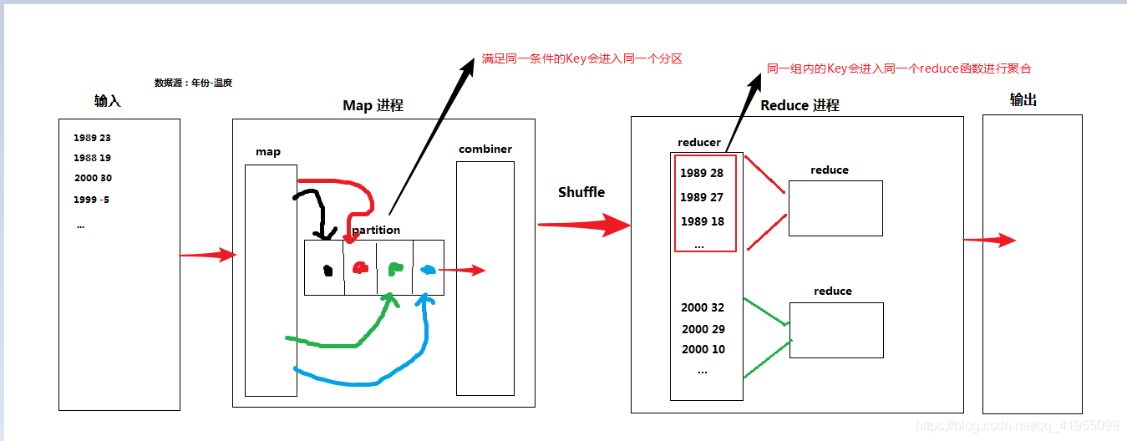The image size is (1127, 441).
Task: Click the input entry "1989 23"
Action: pyautogui.click(x=92, y=138)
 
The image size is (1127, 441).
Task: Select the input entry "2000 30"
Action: pyautogui.click(x=92, y=178)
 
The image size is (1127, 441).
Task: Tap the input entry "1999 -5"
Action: pyautogui.click(x=91, y=200)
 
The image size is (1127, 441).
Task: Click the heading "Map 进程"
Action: pyautogui.click(x=373, y=106)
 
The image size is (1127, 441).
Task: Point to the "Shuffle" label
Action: pyautogui.click(x=581, y=192)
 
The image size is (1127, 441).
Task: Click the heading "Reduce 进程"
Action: pyautogui.click(x=800, y=105)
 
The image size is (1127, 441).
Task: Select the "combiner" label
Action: pyautogui.click(x=485, y=150)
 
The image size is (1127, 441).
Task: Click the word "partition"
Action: pyautogui.click(x=376, y=230)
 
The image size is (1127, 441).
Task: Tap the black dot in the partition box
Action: pyautogui.click(x=328, y=270)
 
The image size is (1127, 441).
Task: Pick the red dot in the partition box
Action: pyautogui.click(x=360, y=268)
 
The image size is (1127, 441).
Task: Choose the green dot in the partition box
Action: pyautogui.click(x=395, y=269)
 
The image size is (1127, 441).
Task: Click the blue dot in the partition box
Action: pyautogui.click(x=428, y=270)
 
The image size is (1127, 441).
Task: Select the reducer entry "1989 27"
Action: pyautogui.click(x=702, y=198)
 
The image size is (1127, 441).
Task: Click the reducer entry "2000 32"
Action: pyautogui.click(x=703, y=307)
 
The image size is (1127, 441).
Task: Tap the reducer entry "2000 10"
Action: pyautogui.click(x=703, y=349)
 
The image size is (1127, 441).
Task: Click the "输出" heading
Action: pyautogui.click(x=1023, y=100)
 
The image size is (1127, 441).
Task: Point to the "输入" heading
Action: pyautogui.click(x=108, y=101)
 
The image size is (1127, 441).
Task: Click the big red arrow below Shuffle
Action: pyautogui.click(x=582, y=225)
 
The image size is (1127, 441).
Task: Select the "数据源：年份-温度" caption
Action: pyautogui.click(x=193, y=83)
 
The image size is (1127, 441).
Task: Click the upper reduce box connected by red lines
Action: pyautogui.click(x=835, y=208)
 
